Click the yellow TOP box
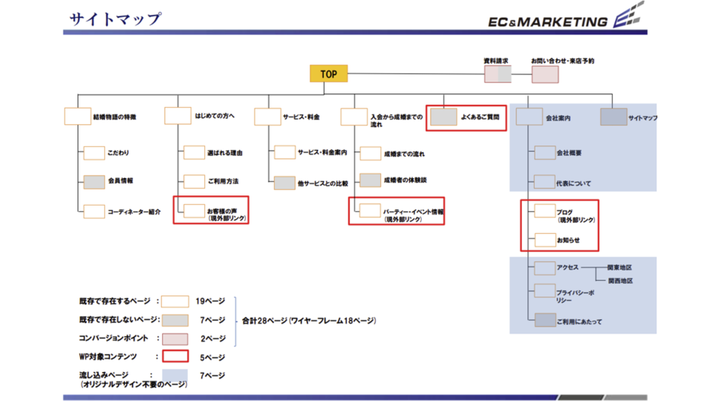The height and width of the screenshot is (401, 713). click(328, 74)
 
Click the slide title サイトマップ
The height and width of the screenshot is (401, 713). click(115, 19)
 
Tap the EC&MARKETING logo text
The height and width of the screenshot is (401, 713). click(547, 22)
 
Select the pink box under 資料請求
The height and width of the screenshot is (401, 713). click(498, 74)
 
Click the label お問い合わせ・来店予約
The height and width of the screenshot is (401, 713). click(562, 60)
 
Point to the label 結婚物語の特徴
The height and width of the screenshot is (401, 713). click(114, 117)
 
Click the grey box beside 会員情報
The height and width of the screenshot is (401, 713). click(94, 181)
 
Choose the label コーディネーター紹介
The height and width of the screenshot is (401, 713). click(134, 212)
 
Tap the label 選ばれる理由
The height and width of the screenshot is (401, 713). click(224, 153)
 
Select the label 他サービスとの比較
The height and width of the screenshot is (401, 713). click(323, 183)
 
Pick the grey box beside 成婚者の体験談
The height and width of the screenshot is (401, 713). click(371, 180)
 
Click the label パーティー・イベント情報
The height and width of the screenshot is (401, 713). click(413, 212)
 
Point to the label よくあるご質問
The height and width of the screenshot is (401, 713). click(480, 117)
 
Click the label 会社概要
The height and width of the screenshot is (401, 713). click(569, 153)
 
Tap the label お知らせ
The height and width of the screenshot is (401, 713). click(568, 241)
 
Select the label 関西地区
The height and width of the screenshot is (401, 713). click(620, 281)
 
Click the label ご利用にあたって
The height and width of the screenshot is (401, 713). click(579, 322)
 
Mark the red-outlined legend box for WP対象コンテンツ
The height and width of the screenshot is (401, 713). click(175, 356)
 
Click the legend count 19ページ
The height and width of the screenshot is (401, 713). click(210, 301)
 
